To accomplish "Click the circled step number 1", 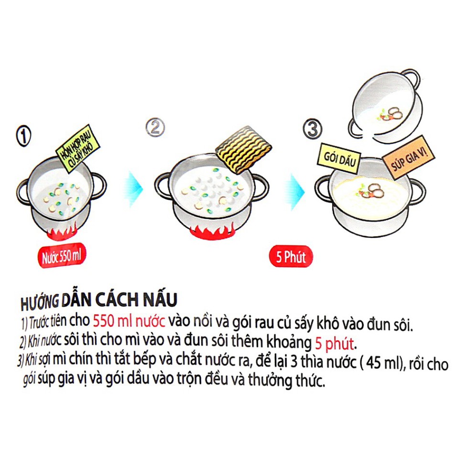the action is pos(23,137).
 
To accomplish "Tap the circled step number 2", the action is pos(155,128).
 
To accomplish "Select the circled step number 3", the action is pos(313,129).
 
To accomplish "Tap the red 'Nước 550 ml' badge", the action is pos(62,256).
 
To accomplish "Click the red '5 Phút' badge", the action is pos(291,257).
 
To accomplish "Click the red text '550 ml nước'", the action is pos(129,321).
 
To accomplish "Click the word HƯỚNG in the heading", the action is pos(39,302).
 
